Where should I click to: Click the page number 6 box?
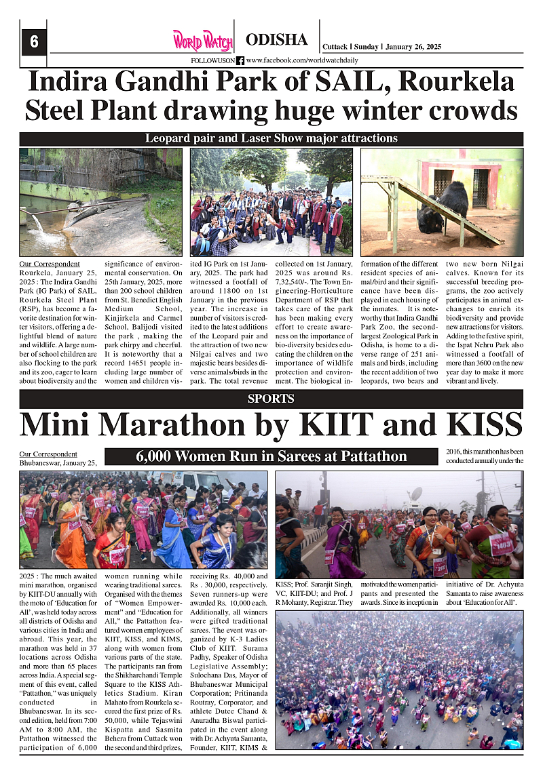point(33,43)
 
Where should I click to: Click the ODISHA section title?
point(276,40)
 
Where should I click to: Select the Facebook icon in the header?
point(240,60)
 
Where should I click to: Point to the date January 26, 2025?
point(413,47)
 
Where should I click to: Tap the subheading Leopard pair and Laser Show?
point(271,138)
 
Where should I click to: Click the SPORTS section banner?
point(271,399)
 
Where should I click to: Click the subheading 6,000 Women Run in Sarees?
point(271,456)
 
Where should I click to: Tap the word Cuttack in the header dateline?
point(335,47)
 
